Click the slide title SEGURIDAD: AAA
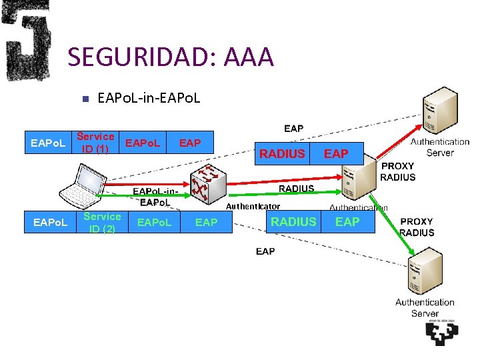pyautogui.click(x=171, y=57)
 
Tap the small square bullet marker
pyautogui.click(x=84, y=99)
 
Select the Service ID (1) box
pyautogui.click(x=95, y=143)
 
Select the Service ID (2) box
pyautogui.click(x=102, y=222)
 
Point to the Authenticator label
pyautogui.click(x=253, y=207)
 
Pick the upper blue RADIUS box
pyautogui.click(x=282, y=154)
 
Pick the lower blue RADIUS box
pyautogui.click(x=293, y=222)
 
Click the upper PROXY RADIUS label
pyautogui.click(x=397, y=171)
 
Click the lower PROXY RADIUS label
pyautogui.click(x=417, y=227)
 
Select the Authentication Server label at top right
pyautogui.click(x=439, y=147)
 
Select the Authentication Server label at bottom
pyautogui.click(x=425, y=307)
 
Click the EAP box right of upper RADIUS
pyautogui.click(x=336, y=154)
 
